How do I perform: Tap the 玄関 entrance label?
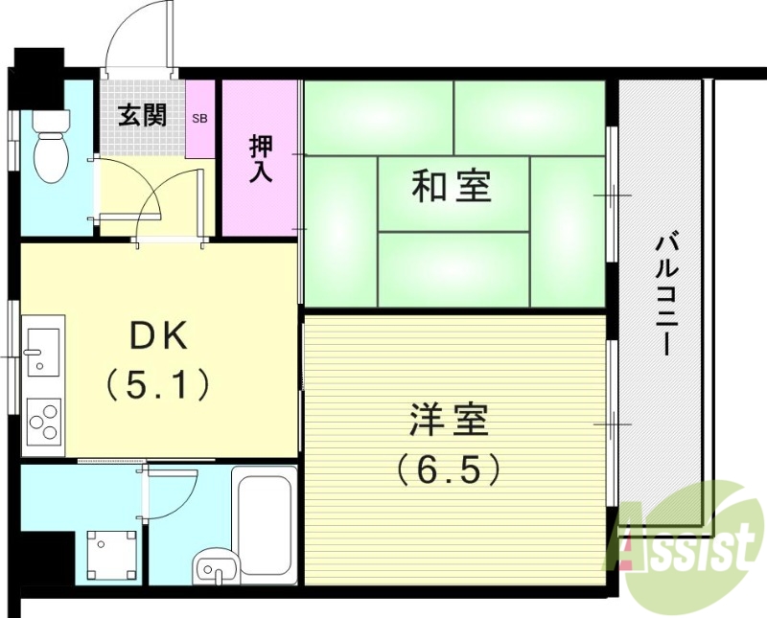142,116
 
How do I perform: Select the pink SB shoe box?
199,119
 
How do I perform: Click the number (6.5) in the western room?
450,469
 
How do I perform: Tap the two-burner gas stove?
42,419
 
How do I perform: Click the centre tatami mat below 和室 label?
453,269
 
